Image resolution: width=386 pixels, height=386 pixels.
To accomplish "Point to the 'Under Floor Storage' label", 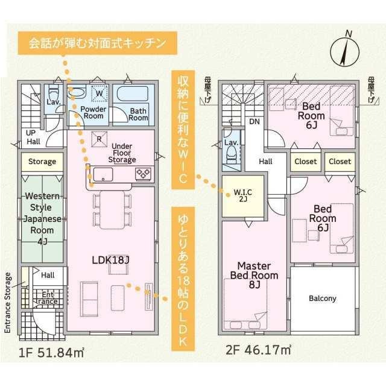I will tap(122, 153).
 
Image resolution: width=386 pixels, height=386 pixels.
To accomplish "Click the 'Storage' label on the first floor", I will tap(42, 162).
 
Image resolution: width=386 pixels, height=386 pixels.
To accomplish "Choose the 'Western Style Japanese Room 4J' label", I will tap(42, 219).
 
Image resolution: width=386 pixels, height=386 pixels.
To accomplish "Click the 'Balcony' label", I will tap(323, 299).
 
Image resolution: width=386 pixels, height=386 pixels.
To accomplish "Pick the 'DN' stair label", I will tap(255, 121).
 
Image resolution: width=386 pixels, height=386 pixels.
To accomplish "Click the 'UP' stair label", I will tap(30, 133).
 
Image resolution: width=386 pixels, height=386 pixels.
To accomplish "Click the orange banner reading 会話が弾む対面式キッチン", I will tap(97, 43).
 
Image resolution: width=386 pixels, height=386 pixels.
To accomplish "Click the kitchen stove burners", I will tap(143, 174).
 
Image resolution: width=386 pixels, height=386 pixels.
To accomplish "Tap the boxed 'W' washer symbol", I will tap(100, 93).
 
